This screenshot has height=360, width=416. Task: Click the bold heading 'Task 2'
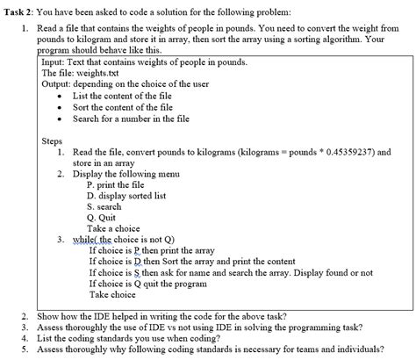coord(20,8)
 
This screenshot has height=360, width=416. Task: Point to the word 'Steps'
coord(54,140)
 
